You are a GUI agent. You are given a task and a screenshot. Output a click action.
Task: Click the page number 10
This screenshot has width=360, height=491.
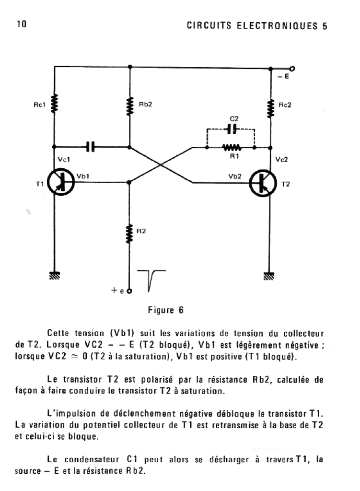[x=22, y=24]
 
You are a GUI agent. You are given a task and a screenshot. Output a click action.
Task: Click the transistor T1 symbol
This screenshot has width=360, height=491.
[x=61, y=182]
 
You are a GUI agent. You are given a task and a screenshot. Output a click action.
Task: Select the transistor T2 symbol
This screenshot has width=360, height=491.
[x=263, y=183]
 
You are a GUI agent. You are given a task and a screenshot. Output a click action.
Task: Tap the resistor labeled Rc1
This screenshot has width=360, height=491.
[x=55, y=103]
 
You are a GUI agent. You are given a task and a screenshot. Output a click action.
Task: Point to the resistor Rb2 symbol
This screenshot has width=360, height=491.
[x=130, y=106]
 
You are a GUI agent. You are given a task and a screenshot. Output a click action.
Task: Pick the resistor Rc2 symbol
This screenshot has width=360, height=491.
[x=271, y=108]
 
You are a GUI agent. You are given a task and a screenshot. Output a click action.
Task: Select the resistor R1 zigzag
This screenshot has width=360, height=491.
[x=232, y=147]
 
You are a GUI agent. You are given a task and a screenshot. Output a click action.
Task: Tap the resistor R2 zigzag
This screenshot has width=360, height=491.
[x=129, y=234]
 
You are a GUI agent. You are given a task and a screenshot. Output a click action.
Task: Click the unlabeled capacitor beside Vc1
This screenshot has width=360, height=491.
[x=90, y=146]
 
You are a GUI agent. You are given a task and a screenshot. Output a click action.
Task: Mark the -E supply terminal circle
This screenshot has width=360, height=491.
[x=292, y=69]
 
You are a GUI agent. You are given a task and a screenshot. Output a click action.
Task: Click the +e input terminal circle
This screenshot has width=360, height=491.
[x=129, y=291]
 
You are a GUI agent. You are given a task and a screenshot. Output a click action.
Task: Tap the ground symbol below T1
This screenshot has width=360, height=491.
[x=55, y=275]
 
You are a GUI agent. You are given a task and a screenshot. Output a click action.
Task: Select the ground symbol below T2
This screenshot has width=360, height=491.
[x=269, y=276]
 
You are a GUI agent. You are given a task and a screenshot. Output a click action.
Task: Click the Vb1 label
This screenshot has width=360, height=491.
[x=83, y=176]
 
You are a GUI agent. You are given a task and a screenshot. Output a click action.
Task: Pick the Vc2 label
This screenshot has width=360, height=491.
[x=281, y=159]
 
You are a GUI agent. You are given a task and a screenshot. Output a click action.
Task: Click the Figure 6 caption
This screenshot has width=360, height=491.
[x=165, y=310]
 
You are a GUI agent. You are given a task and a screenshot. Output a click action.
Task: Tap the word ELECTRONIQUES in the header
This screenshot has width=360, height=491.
[x=277, y=26]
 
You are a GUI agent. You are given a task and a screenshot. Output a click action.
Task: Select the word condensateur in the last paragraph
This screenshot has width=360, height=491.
[x=92, y=459]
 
